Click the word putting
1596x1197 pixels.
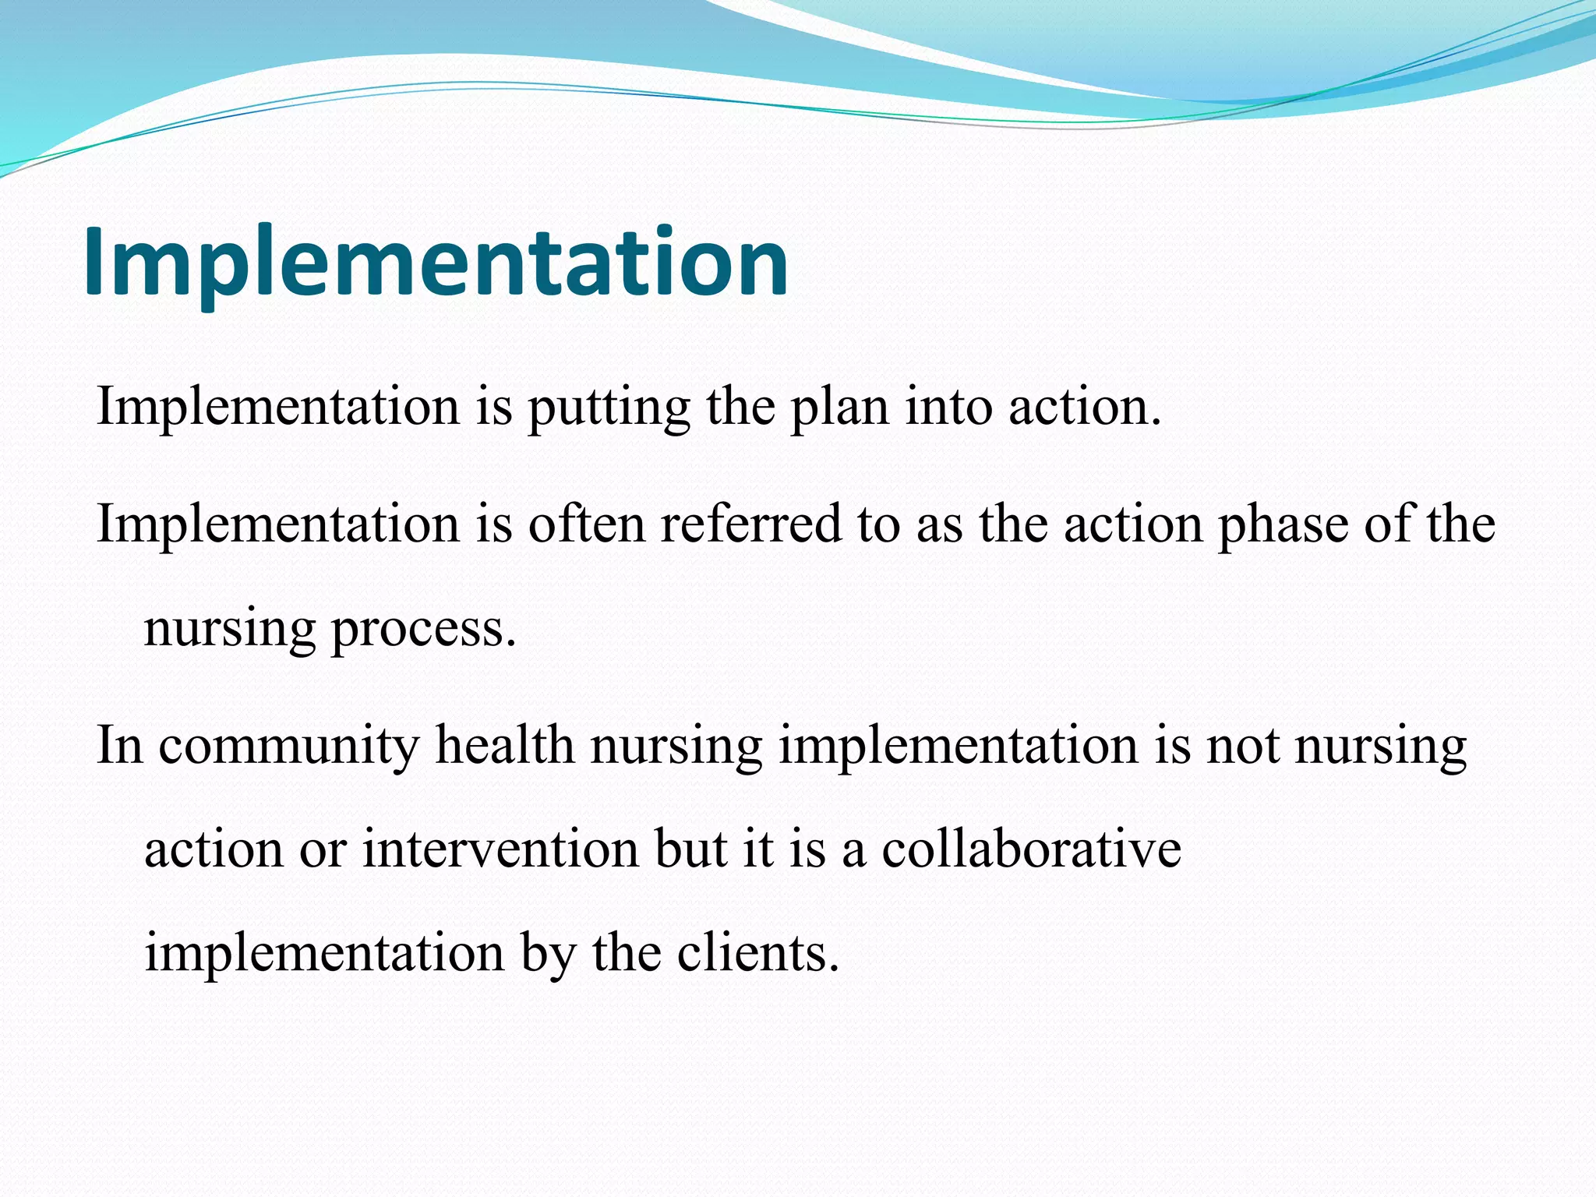[609, 408]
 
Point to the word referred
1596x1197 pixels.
[751, 524]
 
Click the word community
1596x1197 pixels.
[288, 746]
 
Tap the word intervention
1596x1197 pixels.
[500, 849]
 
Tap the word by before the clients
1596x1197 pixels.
[547, 954]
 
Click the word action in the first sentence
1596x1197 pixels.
[1084, 408]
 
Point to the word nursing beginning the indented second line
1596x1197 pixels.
[230, 630]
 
